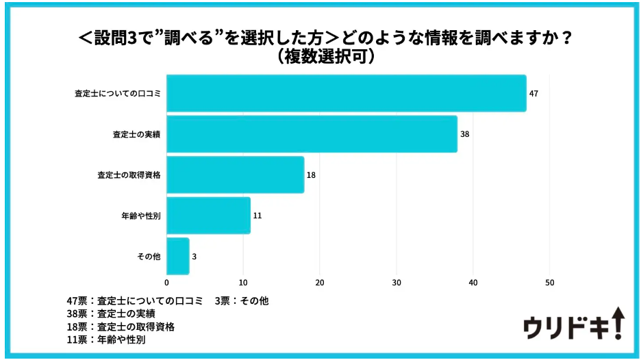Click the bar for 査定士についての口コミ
tap(347, 93)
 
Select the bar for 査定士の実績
tap(312, 134)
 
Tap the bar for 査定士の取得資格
tap(235, 175)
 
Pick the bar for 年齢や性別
tap(208, 216)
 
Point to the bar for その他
tap(177, 256)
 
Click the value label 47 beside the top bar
tap(533, 93)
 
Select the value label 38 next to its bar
tap(464, 134)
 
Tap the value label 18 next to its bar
tap(311, 175)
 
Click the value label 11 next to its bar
tap(257, 216)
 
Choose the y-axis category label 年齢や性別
tap(140, 216)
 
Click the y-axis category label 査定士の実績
tap(136, 134)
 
